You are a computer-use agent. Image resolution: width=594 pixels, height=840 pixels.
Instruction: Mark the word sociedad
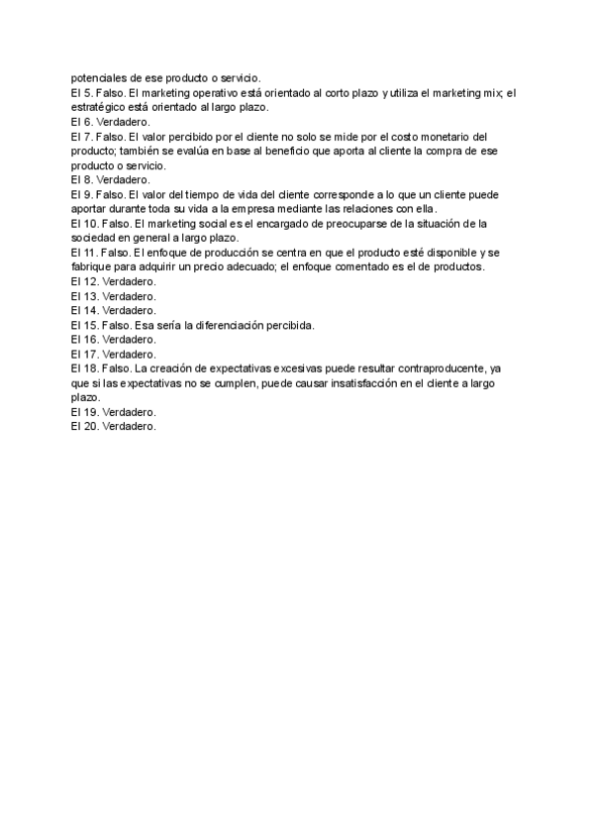96,238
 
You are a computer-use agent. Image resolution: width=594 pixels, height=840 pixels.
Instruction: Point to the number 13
91,296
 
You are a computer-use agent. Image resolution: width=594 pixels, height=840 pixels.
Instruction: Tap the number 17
91,354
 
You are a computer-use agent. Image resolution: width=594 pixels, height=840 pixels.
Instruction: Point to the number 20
91,426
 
